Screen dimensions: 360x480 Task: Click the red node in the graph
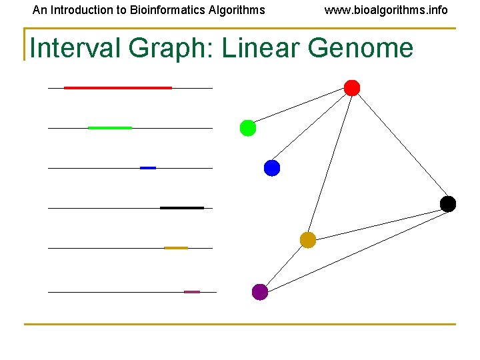(x=352, y=88)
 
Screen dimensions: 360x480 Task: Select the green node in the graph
(x=248, y=128)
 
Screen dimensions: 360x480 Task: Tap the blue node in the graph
(x=272, y=168)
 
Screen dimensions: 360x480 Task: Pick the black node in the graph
(x=448, y=204)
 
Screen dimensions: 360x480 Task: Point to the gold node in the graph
(x=308, y=240)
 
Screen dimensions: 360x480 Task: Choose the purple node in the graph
(x=260, y=292)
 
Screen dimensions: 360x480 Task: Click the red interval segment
(x=118, y=88)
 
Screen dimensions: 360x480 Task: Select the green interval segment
(x=110, y=127)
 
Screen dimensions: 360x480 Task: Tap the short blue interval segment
(x=148, y=168)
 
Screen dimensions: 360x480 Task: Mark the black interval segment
(x=182, y=208)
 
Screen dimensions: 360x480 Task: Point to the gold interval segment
(x=176, y=248)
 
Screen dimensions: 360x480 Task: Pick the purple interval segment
(x=192, y=292)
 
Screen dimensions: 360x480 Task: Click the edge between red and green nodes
(x=300, y=108)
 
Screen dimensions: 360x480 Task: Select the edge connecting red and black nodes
(x=400, y=146)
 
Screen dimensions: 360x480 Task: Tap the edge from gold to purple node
(x=284, y=266)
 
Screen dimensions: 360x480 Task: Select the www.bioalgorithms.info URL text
(x=386, y=10)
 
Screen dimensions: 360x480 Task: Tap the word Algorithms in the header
(x=237, y=10)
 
